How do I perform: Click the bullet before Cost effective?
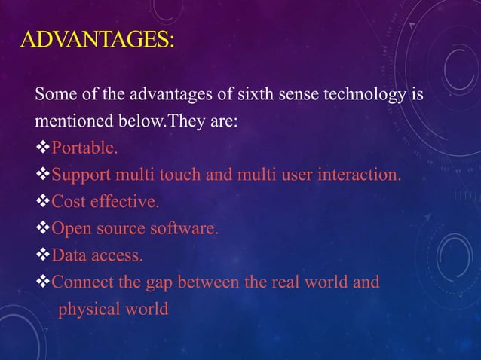pos(42,202)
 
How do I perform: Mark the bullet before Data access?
pos(42,256)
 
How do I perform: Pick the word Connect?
pos(81,283)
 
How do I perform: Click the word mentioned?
pos(69,121)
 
